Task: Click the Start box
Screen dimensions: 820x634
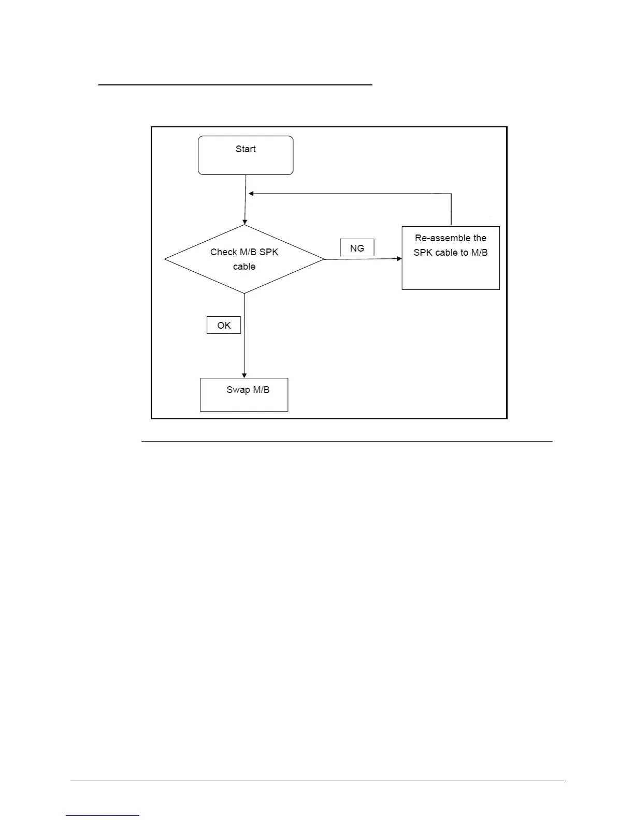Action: point(246,155)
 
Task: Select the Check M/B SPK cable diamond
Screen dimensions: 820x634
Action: point(244,259)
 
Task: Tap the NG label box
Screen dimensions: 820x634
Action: point(357,248)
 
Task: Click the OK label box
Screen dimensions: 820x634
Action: point(224,325)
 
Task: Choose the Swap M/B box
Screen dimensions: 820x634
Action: point(244,395)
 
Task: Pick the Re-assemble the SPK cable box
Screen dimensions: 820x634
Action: point(451,258)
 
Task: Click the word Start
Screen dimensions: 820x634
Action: point(246,149)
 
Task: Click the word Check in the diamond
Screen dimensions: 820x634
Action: point(223,252)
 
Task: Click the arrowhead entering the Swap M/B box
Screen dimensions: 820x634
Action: point(244,375)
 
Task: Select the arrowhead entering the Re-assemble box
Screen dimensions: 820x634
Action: point(399,258)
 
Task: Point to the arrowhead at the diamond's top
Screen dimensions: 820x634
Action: point(244,222)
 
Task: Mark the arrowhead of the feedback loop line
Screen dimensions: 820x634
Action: point(251,194)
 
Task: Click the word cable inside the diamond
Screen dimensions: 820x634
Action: point(244,267)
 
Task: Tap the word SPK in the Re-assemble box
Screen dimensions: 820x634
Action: point(423,253)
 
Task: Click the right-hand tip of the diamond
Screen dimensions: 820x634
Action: point(324,259)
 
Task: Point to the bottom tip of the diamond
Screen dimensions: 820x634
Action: point(244,293)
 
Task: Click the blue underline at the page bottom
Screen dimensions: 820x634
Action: point(103,816)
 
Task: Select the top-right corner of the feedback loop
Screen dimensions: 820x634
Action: point(451,194)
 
